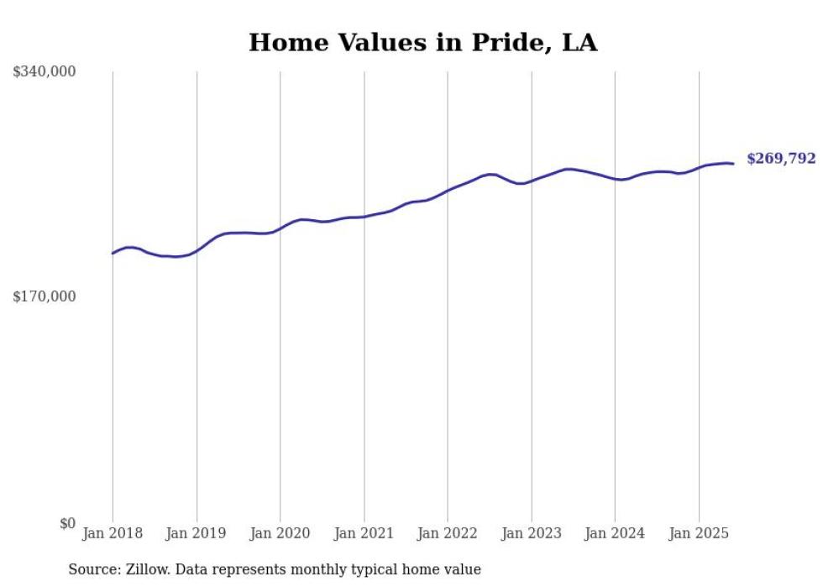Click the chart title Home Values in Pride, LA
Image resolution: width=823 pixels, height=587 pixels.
tap(422, 43)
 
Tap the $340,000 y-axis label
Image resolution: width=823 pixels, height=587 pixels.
tap(45, 72)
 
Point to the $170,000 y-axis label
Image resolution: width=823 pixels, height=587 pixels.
tap(45, 296)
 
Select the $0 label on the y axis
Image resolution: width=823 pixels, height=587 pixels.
tap(68, 523)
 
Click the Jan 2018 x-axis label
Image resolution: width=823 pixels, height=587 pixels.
tap(113, 533)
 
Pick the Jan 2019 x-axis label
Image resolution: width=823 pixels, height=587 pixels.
tap(197, 533)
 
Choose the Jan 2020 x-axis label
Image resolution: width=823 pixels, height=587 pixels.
tap(280, 533)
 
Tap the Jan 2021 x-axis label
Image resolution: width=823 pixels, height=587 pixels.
tap(364, 533)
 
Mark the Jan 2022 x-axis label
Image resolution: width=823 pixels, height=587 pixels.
tap(448, 533)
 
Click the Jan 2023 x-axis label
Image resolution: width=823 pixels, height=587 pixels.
tap(532, 533)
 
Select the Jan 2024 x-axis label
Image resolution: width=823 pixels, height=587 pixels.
tap(615, 533)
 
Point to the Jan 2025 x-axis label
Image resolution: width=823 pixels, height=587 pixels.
tap(699, 533)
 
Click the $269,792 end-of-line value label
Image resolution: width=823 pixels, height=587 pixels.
tap(780, 159)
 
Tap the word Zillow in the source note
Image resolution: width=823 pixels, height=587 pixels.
tap(143, 569)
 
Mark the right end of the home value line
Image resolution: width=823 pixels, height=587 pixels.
tap(733, 164)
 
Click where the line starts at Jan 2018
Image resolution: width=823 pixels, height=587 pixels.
tap(113, 253)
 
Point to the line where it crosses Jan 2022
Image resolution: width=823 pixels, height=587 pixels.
tap(448, 191)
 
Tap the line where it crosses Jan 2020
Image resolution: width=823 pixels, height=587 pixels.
tap(280, 228)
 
